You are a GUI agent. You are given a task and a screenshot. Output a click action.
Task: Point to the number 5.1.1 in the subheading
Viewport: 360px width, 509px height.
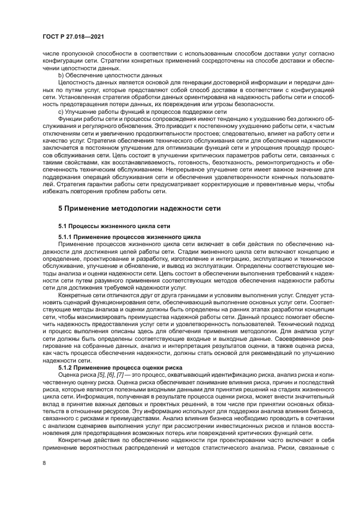(65, 237)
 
